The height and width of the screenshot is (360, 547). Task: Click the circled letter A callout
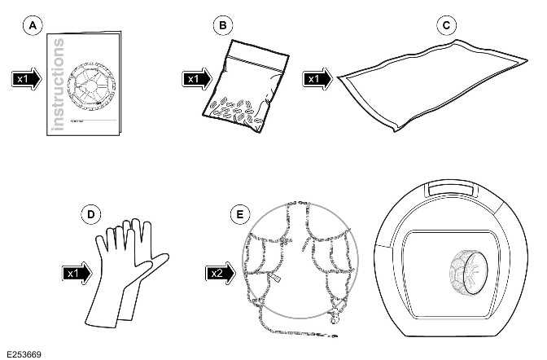click(x=33, y=25)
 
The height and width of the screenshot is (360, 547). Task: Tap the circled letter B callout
click(x=221, y=25)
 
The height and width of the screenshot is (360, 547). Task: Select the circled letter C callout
click(x=444, y=25)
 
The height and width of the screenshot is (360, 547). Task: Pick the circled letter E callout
click(x=238, y=214)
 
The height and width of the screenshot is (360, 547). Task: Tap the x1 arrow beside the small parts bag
click(x=196, y=79)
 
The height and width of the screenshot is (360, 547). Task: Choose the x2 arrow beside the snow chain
click(x=219, y=273)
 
